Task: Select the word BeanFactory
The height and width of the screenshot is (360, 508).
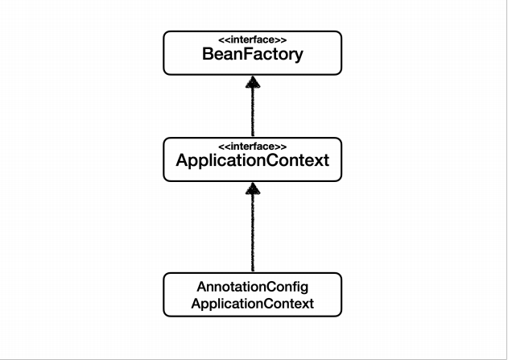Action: (x=252, y=55)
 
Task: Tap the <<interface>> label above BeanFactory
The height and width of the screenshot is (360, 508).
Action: (x=252, y=39)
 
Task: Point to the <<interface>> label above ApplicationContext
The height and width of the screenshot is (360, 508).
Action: (x=252, y=147)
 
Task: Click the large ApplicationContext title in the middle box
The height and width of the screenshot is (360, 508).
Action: (x=252, y=160)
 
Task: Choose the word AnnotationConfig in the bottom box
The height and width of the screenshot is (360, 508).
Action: (x=252, y=287)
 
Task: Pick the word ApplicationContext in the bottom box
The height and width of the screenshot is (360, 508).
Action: (x=252, y=304)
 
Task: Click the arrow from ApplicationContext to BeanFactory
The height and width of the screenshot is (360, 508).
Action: (x=253, y=106)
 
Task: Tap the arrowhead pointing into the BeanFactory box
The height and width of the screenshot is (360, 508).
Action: (x=253, y=82)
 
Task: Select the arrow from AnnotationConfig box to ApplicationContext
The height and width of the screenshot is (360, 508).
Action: (x=253, y=227)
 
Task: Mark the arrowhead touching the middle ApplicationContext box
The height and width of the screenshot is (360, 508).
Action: (x=253, y=188)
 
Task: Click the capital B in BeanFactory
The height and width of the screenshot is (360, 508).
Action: (x=208, y=54)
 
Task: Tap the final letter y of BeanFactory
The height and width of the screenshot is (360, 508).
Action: (x=299, y=56)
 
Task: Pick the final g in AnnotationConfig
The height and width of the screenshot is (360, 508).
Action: (x=304, y=288)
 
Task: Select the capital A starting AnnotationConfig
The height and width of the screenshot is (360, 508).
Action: (x=202, y=287)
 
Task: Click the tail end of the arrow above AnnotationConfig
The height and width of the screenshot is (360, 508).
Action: (x=253, y=271)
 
